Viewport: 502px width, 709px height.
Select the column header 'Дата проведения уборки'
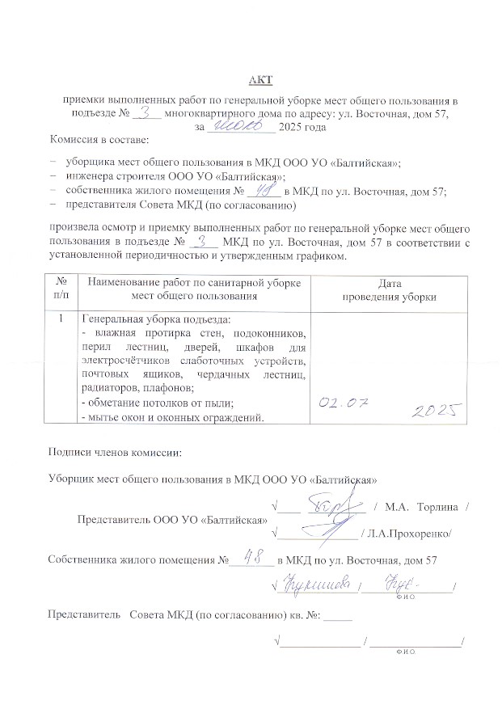tap(389, 289)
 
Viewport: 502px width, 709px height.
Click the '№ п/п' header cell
tap(61, 289)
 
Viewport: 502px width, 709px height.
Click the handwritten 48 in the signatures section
tap(255, 558)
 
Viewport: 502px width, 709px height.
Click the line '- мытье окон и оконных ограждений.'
tap(172, 417)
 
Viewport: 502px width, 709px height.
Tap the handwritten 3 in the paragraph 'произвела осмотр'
tap(207, 241)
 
